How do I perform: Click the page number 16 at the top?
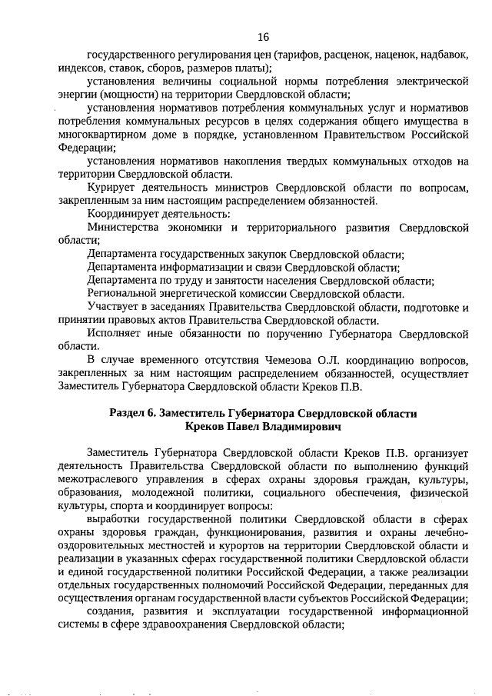pyautogui.click(x=263, y=36)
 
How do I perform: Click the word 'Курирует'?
pyautogui.click(x=113, y=188)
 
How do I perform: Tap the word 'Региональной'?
pyautogui.click(x=125, y=294)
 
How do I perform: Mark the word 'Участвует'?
pyautogui.click(x=116, y=308)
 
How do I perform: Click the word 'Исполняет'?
pyautogui.click(x=118, y=335)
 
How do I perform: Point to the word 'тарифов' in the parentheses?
pyautogui.click(x=301, y=55)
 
